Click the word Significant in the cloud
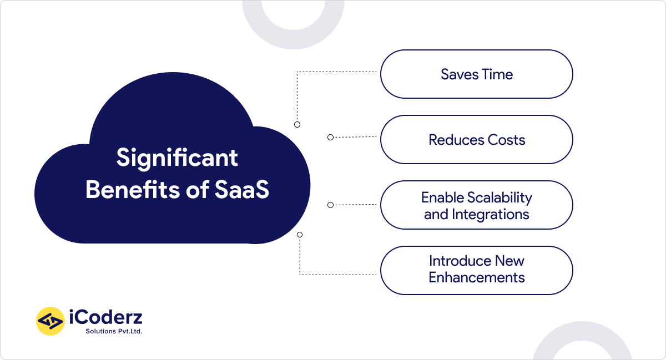coord(177,159)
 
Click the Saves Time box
coord(476,74)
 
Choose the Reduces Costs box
coord(476,140)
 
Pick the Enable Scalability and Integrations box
coord(476,205)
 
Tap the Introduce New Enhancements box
coord(476,270)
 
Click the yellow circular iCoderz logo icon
coord(51,321)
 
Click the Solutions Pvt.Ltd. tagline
coord(113,331)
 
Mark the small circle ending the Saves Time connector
coord(297,125)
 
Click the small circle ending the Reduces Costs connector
coord(330,137)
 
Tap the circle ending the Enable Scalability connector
coord(330,205)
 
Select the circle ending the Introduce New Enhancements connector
coord(300,235)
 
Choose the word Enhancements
coord(476,277)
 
